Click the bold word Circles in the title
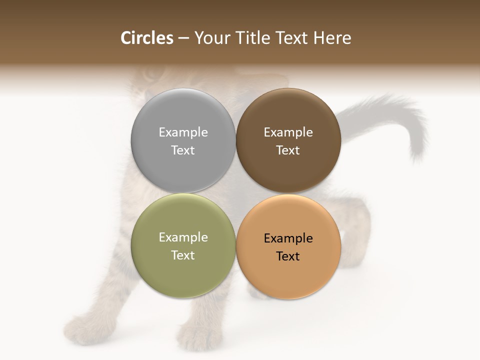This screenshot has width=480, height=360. pyautogui.click(x=147, y=38)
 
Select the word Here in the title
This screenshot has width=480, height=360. pyautogui.click(x=332, y=38)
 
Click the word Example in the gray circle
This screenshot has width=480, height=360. pyautogui.click(x=183, y=132)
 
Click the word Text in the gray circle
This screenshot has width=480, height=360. pyautogui.click(x=183, y=150)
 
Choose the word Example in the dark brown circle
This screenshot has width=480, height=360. pyautogui.click(x=288, y=132)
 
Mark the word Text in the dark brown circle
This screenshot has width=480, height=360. pyautogui.click(x=288, y=150)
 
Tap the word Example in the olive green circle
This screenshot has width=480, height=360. pyautogui.click(x=183, y=237)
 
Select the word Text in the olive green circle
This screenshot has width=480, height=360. pyautogui.click(x=183, y=255)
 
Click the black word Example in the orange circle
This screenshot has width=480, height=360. pyautogui.click(x=288, y=238)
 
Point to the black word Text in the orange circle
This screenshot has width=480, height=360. pyautogui.click(x=288, y=256)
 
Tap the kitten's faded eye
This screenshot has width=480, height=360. pyautogui.click(x=149, y=75)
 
